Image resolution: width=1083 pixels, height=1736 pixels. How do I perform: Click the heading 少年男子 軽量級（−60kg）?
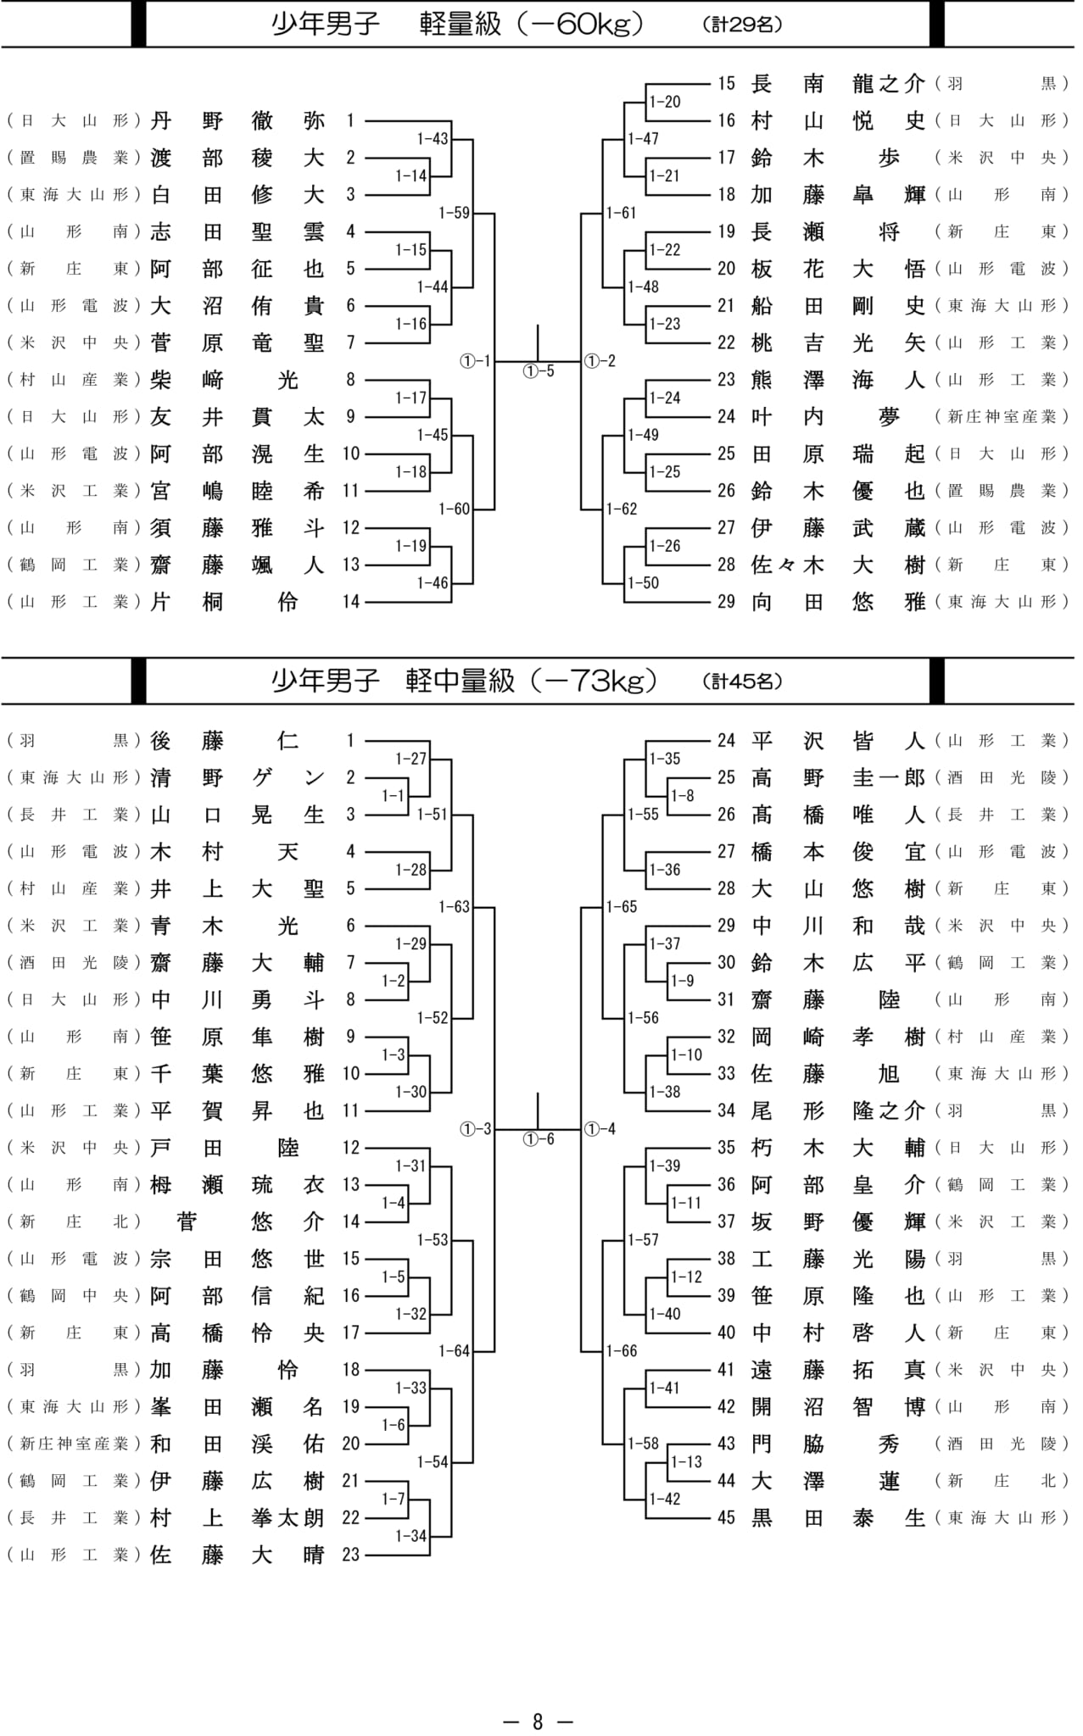(458, 25)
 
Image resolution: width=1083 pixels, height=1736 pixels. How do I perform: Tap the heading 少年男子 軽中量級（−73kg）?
(464, 681)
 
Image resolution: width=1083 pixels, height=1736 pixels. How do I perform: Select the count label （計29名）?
(742, 25)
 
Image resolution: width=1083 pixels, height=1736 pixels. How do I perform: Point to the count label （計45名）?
(742, 681)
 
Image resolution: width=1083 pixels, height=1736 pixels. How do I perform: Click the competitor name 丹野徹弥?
(237, 120)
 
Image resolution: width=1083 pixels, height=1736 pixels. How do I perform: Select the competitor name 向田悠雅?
(838, 602)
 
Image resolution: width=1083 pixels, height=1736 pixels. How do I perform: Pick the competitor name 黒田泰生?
(838, 1517)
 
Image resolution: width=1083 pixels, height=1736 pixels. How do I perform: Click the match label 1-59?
(454, 213)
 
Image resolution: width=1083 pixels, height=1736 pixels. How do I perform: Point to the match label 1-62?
(622, 509)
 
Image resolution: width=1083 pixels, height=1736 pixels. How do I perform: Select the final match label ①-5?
(538, 371)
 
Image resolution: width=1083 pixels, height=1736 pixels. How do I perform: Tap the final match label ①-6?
(538, 1139)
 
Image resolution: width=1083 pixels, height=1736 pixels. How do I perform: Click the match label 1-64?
(454, 1351)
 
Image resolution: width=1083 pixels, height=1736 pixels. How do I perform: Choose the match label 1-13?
(686, 1462)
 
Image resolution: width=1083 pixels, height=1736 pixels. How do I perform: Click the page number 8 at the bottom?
(538, 1722)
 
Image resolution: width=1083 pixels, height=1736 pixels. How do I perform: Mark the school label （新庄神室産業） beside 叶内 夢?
(1001, 416)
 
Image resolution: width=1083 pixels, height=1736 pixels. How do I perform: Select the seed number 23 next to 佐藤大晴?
(351, 1555)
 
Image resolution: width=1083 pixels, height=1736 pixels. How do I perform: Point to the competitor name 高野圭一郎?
(838, 778)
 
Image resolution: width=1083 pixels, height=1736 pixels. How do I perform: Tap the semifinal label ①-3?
(476, 1129)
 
